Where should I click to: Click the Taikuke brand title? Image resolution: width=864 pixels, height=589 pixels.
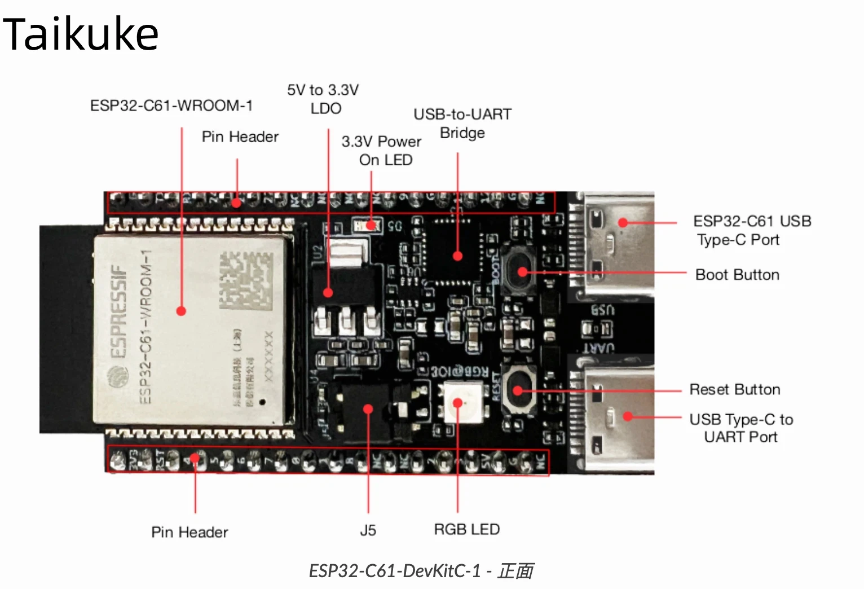click(x=81, y=34)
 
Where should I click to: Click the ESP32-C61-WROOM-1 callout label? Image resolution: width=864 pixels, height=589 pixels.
click(x=171, y=106)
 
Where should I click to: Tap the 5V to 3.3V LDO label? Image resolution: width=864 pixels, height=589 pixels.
click(x=323, y=99)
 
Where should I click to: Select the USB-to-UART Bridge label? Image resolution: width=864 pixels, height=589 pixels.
click(x=462, y=123)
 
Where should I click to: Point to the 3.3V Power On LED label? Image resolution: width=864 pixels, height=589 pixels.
click(x=382, y=150)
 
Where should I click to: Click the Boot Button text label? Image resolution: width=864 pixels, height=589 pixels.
click(x=737, y=275)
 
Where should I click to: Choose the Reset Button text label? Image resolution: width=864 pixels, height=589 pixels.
click(x=734, y=390)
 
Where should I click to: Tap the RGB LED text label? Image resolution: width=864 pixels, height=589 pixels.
click(x=466, y=529)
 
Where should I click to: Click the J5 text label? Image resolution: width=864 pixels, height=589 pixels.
click(x=368, y=530)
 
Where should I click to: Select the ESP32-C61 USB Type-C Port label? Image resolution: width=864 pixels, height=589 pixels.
click(x=751, y=230)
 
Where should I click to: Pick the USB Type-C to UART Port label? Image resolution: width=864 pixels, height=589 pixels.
click(x=740, y=428)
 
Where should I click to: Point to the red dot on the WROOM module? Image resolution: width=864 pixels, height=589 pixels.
click(x=181, y=311)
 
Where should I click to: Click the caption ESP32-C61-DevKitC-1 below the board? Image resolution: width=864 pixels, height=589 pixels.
click(x=421, y=571)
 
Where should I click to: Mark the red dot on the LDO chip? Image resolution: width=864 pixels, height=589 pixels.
click(x=328, y=292)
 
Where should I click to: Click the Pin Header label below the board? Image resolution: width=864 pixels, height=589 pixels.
click(x=189, y=532)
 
